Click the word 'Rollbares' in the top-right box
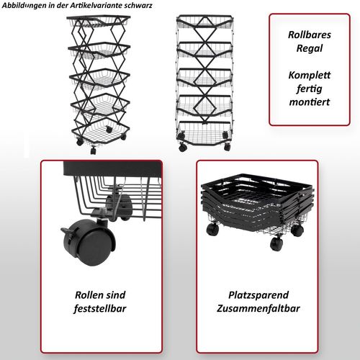point(310,35)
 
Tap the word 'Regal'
point(310,48)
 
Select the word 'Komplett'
point(310,75)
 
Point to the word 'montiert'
point(310,102)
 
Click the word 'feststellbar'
point(100,308)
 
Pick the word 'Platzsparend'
point(258,295)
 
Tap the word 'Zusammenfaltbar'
point(258,308)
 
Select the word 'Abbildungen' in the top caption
point(24,6)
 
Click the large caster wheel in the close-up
point(89,243)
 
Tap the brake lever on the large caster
point(66,232)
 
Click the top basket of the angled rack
point(99,21)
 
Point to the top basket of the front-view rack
point(204,21)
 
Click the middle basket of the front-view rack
point(204,78)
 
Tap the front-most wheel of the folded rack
point(276,243)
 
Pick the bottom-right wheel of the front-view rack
point(227,147)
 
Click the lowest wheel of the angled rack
point(93,150)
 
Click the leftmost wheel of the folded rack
point(212,229)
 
